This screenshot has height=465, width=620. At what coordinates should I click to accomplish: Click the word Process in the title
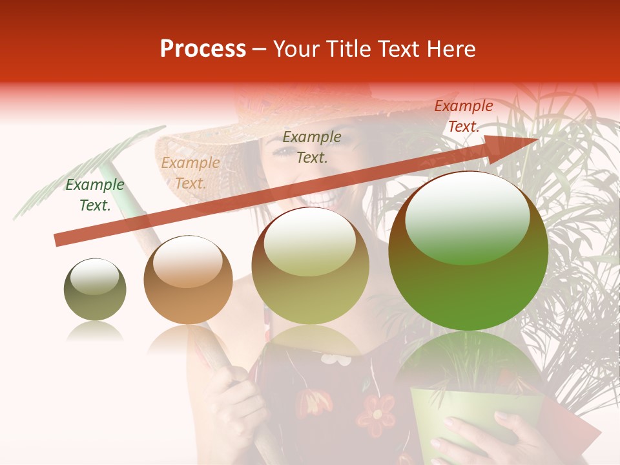point(203,49)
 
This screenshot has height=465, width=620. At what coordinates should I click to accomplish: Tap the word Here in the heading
point(451,49)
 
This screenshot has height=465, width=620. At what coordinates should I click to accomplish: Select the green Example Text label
point(95,195)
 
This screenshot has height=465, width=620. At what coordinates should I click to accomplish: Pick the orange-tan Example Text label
point(191,173)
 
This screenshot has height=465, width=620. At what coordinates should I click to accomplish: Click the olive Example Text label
point(312,147)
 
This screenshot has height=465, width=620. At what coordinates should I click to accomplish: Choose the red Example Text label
point(464,116)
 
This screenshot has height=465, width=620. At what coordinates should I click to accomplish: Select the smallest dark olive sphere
point(95,289)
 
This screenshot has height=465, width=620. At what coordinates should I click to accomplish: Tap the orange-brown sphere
point(188,280)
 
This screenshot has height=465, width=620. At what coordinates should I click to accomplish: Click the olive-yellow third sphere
point(310,266)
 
